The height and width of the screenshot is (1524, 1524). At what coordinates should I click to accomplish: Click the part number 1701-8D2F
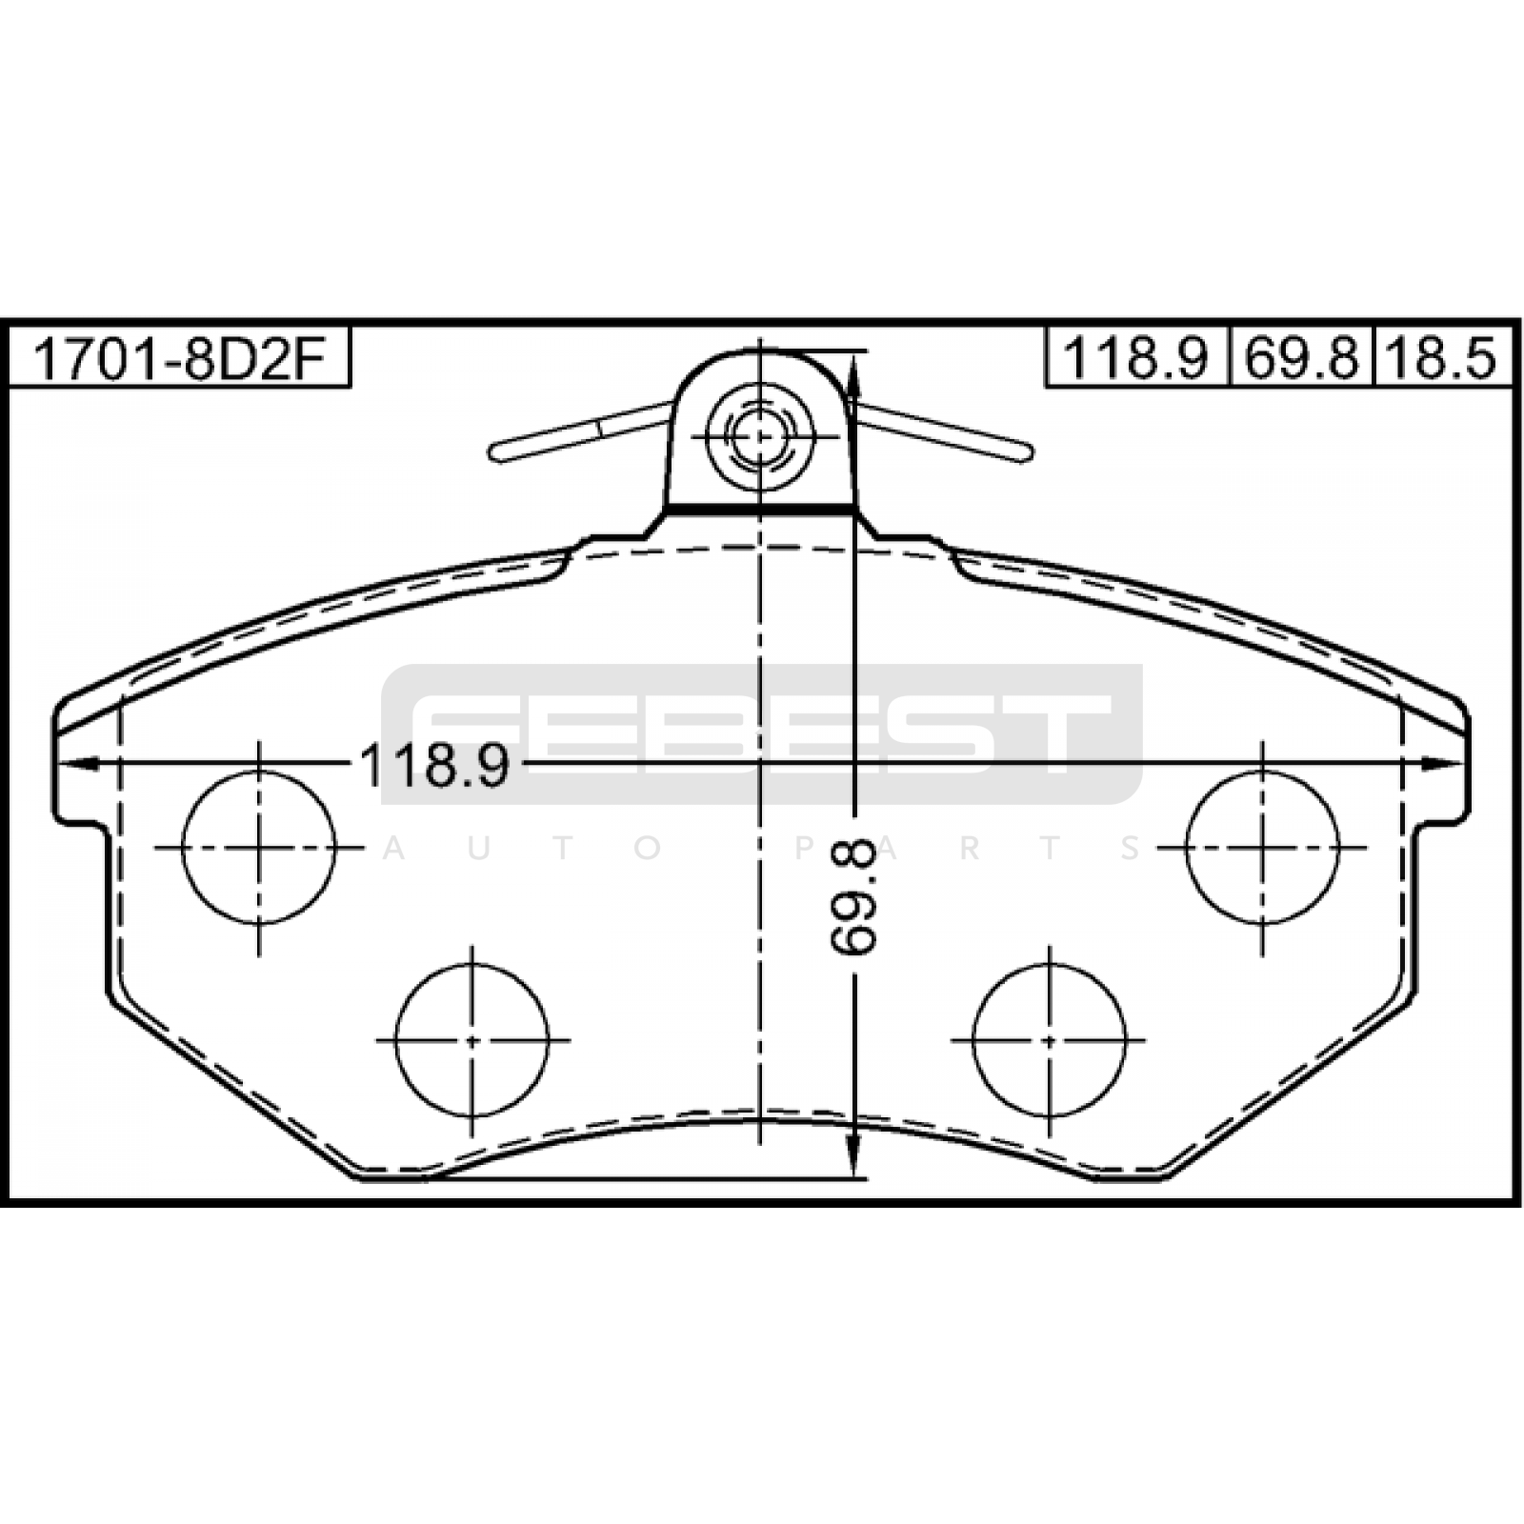(178, 360)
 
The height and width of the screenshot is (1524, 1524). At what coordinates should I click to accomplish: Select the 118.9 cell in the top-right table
(1135, 360)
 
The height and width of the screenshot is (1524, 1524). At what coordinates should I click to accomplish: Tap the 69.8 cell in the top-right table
(1301, 360)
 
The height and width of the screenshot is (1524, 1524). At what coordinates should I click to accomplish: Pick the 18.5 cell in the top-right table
(1440, 360)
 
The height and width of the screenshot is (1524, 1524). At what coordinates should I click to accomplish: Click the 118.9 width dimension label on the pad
(434, 765)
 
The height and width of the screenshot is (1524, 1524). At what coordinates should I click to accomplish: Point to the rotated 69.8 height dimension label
(852, 895)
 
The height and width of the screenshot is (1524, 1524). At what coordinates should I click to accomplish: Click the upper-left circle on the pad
(259, 847)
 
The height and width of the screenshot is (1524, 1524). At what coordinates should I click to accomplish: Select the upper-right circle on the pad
(1262, 847)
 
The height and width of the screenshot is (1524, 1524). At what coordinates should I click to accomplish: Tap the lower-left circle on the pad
(472, 1039)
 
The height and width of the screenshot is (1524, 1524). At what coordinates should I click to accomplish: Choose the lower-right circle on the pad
(1050, 1039)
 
